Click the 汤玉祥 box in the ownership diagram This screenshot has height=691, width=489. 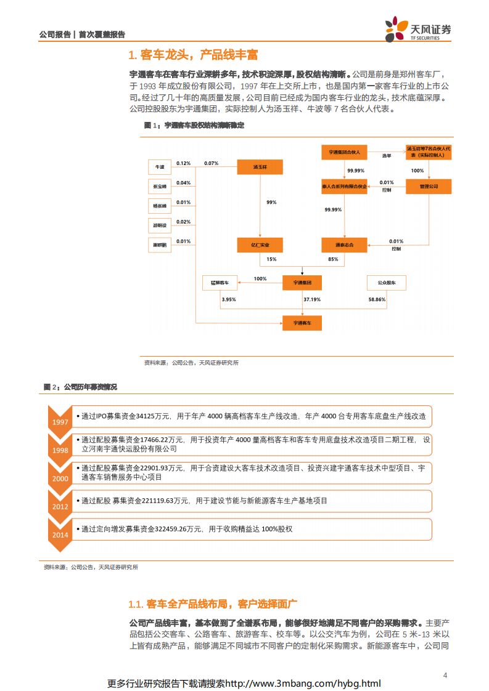(259, 167)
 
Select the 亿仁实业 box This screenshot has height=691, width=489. (259, 244)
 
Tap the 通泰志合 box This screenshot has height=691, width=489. (344, 244)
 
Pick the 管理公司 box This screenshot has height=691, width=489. (428, 187)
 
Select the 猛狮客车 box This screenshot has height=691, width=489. (220, 283)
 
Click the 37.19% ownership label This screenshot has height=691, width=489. (311, 299)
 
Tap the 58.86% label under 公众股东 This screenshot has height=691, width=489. (377, 299)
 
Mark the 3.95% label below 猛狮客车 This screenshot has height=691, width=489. (228, 299)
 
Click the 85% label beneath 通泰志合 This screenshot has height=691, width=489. (334, 259)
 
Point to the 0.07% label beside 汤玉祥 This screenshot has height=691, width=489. (211, 163)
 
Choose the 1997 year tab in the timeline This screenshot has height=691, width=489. (60, 421)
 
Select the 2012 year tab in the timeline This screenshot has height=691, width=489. (60, 506)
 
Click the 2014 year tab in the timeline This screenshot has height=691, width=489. (60, 535)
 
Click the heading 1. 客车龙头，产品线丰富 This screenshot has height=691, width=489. (192, 55)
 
